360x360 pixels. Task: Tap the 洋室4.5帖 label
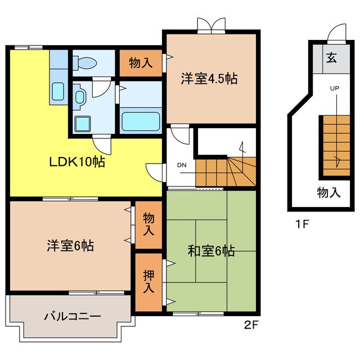209,79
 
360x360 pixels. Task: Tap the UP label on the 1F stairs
335,89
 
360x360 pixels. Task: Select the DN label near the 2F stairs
182,165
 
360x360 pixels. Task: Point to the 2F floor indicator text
251,326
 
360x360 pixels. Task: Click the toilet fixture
87,62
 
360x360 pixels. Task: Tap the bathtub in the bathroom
141,120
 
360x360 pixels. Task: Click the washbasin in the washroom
79,97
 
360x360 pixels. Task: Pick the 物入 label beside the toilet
140,62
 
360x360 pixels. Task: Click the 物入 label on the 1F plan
328,193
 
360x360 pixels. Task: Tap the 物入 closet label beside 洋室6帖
148,223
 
